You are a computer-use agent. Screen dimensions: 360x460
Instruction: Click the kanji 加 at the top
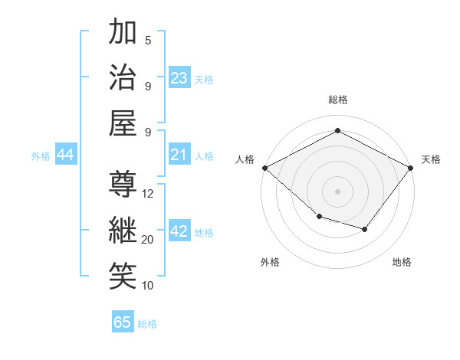pyautogui.click(x=123, y=33)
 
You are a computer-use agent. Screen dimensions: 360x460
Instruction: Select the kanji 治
pyautogui.click(x=123, y=79)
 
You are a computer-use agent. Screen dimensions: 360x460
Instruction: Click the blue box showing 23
pyautogui.click(x=179, y=78)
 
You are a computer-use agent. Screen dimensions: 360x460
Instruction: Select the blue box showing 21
pyautogui.click(x=179, y=155)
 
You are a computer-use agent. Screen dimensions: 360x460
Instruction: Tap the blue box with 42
pyautogui.click(x=179, y=232)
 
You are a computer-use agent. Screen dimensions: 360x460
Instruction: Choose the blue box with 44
pyautogui.click(x=66, y=155)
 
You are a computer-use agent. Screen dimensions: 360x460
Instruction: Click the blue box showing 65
pyautogui.click(x=123, y=322)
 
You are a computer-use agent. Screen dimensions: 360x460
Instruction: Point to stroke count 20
pyautogui.click(x=148, y=240)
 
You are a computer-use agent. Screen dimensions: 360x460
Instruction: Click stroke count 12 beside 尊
pyautogui.click(x=148, y=194)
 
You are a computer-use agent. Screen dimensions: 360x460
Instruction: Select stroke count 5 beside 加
pyautogui.click(x=148, y=41)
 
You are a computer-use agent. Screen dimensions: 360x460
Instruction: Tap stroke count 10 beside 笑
pyautogui.click(x=148, y=286)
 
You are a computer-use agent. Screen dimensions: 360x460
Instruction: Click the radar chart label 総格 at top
pyautogui.click(x=337, y=100)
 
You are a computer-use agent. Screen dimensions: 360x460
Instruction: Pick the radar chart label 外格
pyautogui.click(x=270, y=262)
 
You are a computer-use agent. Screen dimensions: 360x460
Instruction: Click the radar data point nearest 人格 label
pyautogui.click(x=264, y=168)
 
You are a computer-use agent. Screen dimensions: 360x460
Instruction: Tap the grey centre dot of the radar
pyautogui.click(x=337, y=191)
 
